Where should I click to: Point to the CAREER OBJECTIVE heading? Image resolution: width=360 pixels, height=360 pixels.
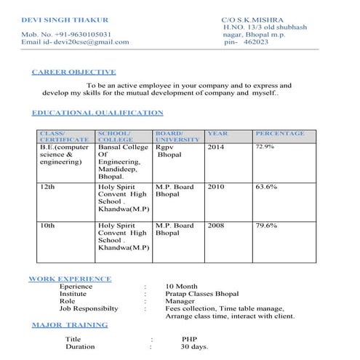point(73,72)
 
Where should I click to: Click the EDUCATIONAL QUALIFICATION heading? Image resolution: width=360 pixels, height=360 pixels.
point(97,113)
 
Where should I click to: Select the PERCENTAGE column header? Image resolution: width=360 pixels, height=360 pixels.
point(280,134)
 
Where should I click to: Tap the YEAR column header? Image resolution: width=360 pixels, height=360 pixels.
point(217,134)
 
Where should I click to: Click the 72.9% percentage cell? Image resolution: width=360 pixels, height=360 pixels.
point(265,147)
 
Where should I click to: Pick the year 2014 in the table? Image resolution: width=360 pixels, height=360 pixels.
point(216,148)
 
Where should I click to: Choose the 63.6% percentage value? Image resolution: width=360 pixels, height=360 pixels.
point(266,187)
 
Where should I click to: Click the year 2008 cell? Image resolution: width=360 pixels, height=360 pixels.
point(216,226)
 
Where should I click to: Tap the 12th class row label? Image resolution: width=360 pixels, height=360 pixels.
point(47,187)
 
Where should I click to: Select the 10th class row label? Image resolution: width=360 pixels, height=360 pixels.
point(47,226)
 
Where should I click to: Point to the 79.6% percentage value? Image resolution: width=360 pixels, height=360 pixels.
point(266,226)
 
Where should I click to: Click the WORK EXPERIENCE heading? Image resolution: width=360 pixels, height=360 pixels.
point(70,279)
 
